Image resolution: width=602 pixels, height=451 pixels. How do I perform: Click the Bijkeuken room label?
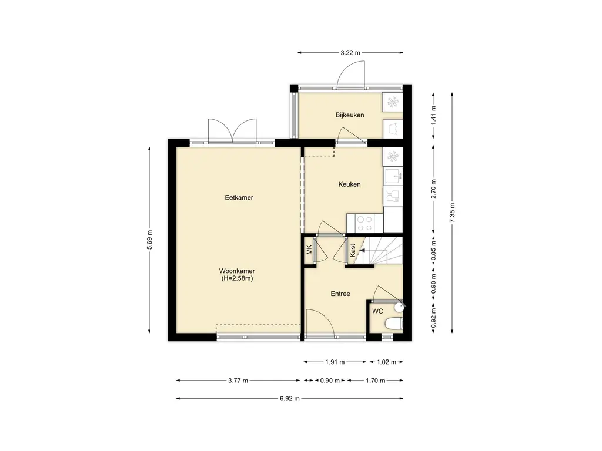[x=349, y=115]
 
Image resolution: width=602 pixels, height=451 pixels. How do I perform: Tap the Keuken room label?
[x=349, y=184]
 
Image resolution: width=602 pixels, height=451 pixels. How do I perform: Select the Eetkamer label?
[x=239, y=198]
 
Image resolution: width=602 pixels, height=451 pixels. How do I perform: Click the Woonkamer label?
[x=237, y=271]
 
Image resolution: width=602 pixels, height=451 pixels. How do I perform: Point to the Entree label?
[x=340, y=294]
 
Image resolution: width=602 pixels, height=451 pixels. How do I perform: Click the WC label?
[x=377, y=311]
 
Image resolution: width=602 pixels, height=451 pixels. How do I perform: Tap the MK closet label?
[x=309, y=250]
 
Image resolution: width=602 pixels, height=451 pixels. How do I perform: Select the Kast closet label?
[x=353, y=250]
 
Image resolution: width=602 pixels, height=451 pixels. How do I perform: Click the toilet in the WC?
[x=393, y=324]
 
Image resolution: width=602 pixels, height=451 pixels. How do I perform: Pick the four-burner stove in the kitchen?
[x=364, y=223]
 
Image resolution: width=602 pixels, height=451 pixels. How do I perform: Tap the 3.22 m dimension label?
[x=350, y=53]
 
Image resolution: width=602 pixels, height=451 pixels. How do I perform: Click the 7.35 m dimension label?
[x=452, y=213]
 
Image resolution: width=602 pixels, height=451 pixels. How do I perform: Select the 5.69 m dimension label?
[x=150, y=240]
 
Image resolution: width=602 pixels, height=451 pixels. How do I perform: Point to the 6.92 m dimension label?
[x=289, y=399]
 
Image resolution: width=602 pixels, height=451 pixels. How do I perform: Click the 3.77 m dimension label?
[x=238, y=381]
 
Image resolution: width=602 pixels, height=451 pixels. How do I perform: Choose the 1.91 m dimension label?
[x=335, y=362]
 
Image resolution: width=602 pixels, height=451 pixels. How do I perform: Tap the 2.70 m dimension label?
[x=433, y=189]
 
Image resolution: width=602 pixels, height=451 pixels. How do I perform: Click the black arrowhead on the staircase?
[x=362, y=250]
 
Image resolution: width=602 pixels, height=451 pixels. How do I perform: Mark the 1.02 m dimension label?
[x=386, y=362]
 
